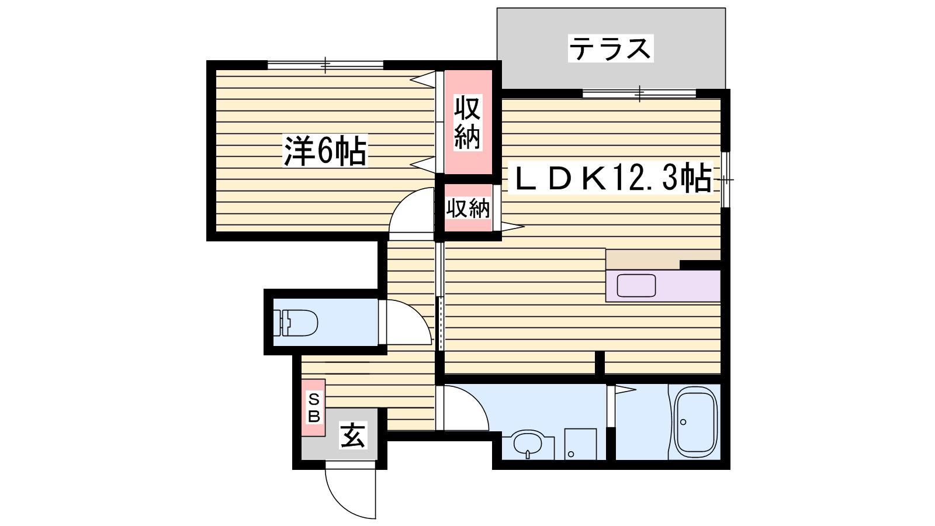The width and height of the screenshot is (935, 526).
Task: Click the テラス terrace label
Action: point(610,49)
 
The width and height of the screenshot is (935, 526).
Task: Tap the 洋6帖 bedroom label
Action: point(325,151)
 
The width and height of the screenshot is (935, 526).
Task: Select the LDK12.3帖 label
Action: point(611,178)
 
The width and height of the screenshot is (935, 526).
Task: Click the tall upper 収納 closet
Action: point(467,123)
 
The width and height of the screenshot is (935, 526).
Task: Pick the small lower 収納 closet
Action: point(467,208)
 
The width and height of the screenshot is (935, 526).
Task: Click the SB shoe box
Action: point(314,407)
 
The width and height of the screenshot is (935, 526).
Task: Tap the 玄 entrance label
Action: point(353,436)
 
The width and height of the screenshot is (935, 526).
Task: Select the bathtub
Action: point(696,422)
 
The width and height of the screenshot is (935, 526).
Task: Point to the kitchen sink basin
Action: point(636,286)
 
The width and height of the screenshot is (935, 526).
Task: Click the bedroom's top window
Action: point(325,64)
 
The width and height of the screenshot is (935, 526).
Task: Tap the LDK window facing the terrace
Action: point(639,93)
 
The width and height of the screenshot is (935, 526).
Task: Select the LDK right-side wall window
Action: point(725,179)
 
